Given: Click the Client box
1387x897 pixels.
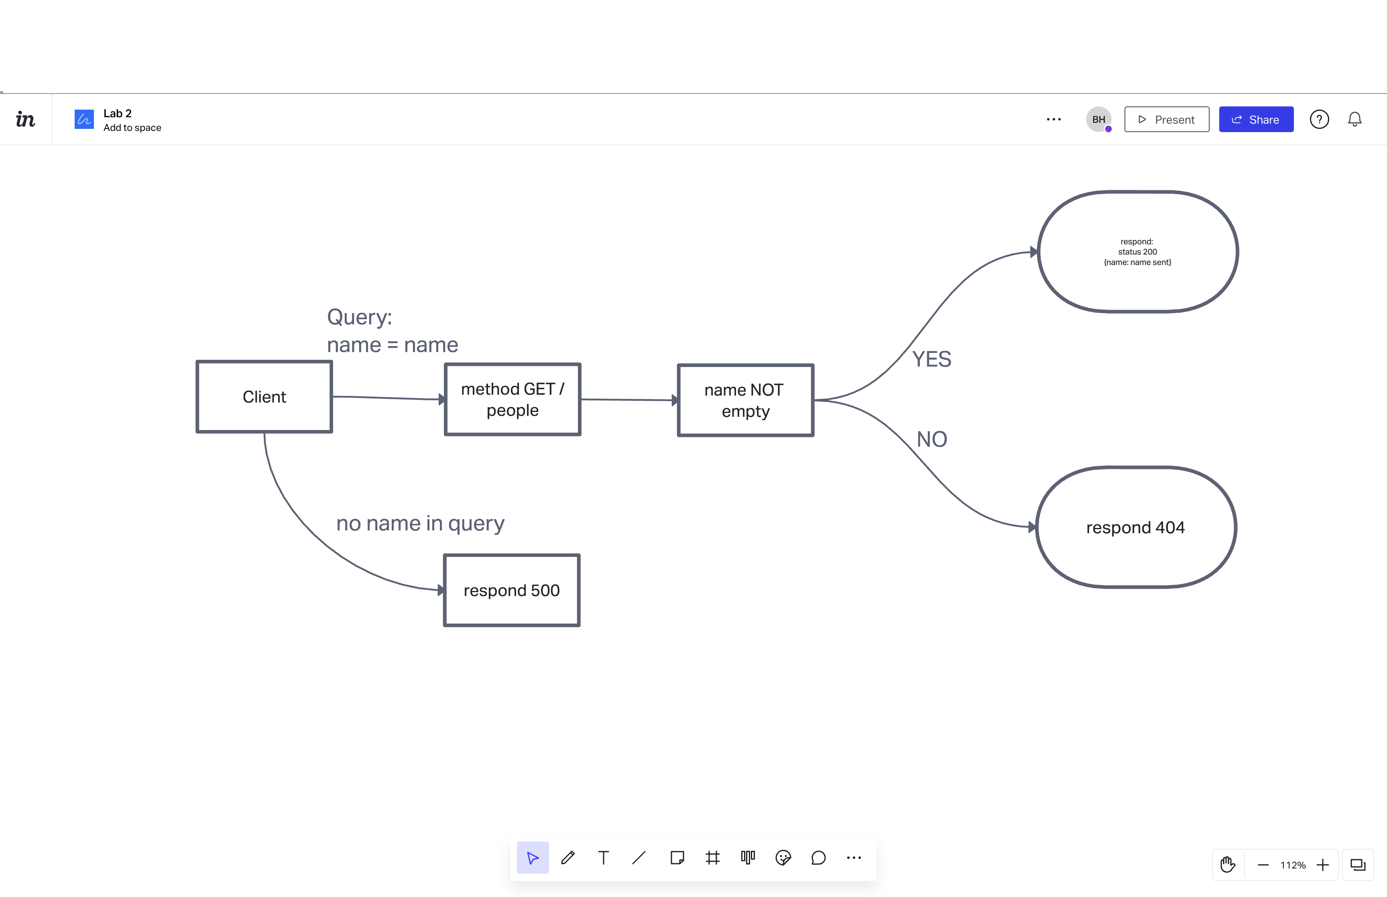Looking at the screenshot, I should (x=264, y=397).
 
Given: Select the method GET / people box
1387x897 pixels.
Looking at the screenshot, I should (x=512, y=400).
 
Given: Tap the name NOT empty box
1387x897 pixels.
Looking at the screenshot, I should (x=745, y=400).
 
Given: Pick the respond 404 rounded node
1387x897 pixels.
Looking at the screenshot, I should (x=1135, y=527).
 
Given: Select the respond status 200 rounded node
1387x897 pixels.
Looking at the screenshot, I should (x=1137, y=252).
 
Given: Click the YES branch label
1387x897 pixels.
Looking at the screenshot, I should (x=931, y=359).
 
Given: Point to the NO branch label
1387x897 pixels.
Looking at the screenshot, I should (x=931, y=439).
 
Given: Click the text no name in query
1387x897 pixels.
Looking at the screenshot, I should (x=420, y=523).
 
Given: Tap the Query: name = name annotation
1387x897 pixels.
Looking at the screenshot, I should (x=392, y=331).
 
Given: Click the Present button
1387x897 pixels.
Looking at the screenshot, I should (x=1166, y=119).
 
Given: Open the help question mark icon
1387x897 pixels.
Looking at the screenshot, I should (x=1319, y=119).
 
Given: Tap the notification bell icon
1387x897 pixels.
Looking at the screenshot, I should (x=1354, y=119).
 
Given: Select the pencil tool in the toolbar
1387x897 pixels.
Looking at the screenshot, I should (x=568, y=857).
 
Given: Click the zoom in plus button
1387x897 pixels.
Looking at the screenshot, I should (x=1322, y=865).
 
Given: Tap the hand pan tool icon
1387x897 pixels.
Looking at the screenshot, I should (x=1228, y=865).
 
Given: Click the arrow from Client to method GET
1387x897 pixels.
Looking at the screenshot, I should (x=387, y=398).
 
